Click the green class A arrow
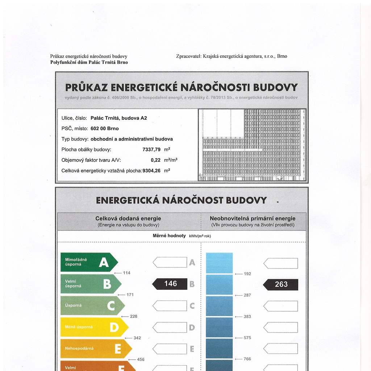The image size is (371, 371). [x=89, y=262]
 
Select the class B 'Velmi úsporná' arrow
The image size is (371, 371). [x=91, y=284]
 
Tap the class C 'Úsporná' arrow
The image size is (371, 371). [x=92, y=305]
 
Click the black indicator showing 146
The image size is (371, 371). [x=170, y=284]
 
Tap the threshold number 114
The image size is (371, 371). [x=126, y=273]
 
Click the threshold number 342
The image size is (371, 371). [x=137, y=338]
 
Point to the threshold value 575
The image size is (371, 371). [x=247, y=338]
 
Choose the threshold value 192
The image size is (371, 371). [x=247, y=274]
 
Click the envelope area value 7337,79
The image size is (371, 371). [x=151, y=149]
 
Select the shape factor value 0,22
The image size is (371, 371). [x=155, y=160]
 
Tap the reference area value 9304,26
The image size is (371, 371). [x=151, y=170]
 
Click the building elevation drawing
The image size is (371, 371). [x=253, y=145]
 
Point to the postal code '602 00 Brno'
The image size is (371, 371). [x=105, y=128]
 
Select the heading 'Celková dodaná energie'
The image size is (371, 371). [x=128, y=218]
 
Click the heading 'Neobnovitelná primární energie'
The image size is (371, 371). [x=253, y=218]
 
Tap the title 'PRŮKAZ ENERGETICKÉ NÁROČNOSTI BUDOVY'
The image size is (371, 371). [x=182, y=88]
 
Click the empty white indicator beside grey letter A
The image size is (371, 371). [x=170, y=262]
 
